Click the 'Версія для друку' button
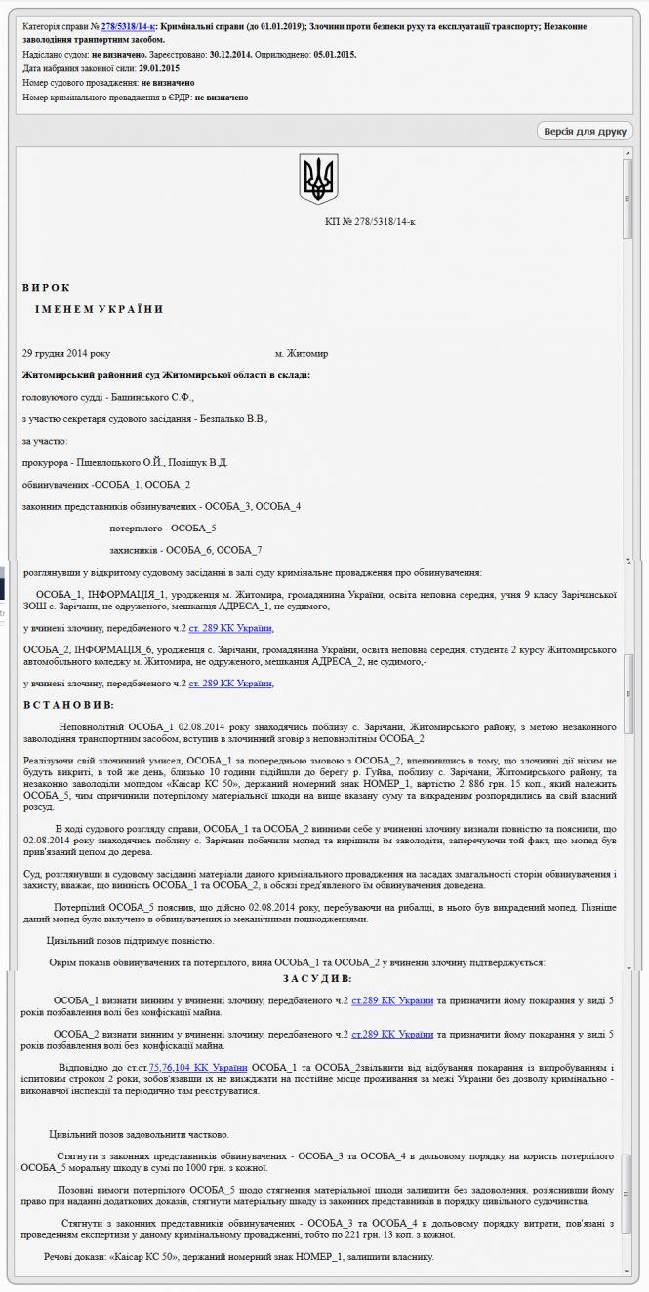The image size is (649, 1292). (x=586, y=131)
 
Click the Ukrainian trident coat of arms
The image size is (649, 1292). (x=318, y=179)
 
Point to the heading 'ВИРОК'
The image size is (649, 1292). (x=47, y=287)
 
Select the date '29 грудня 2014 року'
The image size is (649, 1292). (x=66, y=353)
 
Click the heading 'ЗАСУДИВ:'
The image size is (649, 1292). (x=317, y=978)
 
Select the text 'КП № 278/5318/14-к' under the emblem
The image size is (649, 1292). (x=370, y=222)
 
